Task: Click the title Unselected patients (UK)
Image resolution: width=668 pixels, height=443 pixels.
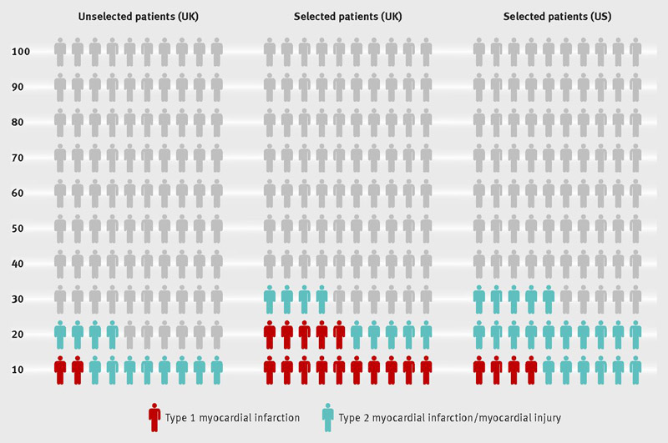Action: (x=139, y=17)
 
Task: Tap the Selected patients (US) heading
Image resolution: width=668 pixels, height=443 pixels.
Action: (x=557, y=17)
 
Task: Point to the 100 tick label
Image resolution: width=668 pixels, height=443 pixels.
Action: (x=21, y=52)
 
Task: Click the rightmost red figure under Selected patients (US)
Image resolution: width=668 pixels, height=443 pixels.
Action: (x=531, y=370)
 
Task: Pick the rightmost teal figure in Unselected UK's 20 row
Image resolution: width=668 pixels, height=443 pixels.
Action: (x=112, y=335)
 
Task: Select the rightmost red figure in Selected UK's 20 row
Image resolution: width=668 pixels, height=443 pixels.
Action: (x=339, y=335)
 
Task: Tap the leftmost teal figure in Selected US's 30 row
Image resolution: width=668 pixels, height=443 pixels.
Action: (x=479, y=300)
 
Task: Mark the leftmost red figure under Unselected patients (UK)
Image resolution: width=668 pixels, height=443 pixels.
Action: (x=60, y=370)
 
